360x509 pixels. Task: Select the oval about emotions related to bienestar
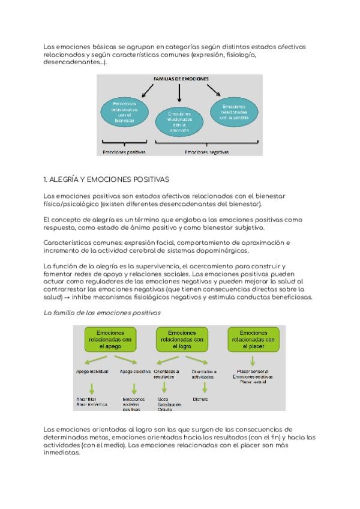(x=124, y=112)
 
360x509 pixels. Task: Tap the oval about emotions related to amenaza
(x=179, y=121)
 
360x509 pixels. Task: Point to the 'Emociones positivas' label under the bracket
(x=124, y=152)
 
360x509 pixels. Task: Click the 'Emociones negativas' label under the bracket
(x=206, y=152)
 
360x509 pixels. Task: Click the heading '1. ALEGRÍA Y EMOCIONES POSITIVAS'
(x=107, y=179)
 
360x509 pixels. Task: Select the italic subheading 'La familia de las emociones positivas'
(x=103, y=313)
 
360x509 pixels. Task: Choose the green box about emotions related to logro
(x=182, y=340)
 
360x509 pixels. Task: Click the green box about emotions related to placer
(x=253, y=340)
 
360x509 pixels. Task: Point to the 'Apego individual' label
(x=92, y=372)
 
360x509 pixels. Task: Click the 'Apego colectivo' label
(x=135, y=372)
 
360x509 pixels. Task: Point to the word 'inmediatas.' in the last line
(x=62, y=453)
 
